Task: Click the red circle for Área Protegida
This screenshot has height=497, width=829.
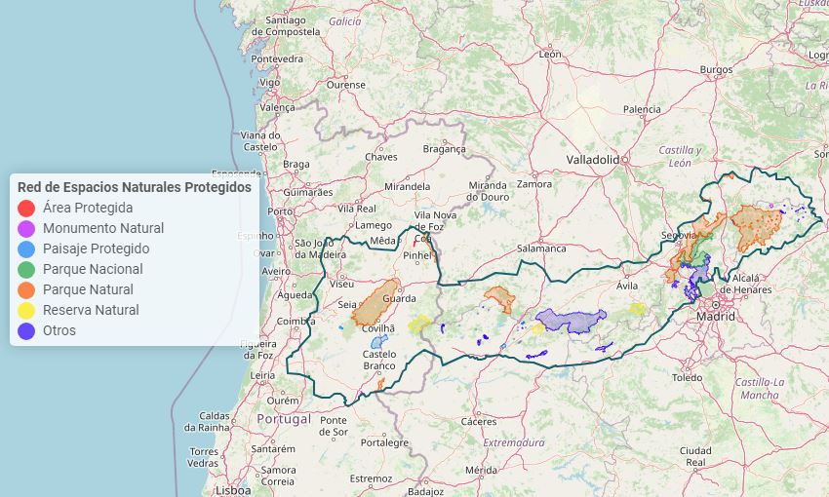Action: coord(26,208)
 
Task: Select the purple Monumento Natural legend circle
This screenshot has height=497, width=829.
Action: coord(26,228)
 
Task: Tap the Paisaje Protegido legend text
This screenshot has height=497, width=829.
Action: coord(96,248)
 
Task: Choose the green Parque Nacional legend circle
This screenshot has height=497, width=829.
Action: coord(26,269)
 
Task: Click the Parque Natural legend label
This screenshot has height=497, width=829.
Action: coord(88,289)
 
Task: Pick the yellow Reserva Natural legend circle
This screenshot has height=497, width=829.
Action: coord(26,310)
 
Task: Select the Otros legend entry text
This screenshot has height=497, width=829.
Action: coord(59,330)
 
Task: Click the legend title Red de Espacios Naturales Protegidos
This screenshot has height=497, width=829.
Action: coord(135,186)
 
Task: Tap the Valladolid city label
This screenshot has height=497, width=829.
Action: coord(593,159)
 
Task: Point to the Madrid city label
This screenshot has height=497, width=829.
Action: coord(716,317)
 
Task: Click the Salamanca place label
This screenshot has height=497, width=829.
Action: coord(541,248)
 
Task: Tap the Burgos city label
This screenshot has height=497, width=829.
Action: coord(715,69)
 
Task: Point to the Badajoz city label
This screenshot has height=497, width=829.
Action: coord(426,491)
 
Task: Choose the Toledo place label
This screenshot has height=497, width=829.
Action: coord(687,377)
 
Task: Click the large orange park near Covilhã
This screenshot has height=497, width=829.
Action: coord(374,303)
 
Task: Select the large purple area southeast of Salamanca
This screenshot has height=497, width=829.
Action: coord(571,320)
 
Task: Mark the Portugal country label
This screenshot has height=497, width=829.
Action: coord(284,419)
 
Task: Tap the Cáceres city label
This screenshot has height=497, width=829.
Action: coord(479,422)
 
